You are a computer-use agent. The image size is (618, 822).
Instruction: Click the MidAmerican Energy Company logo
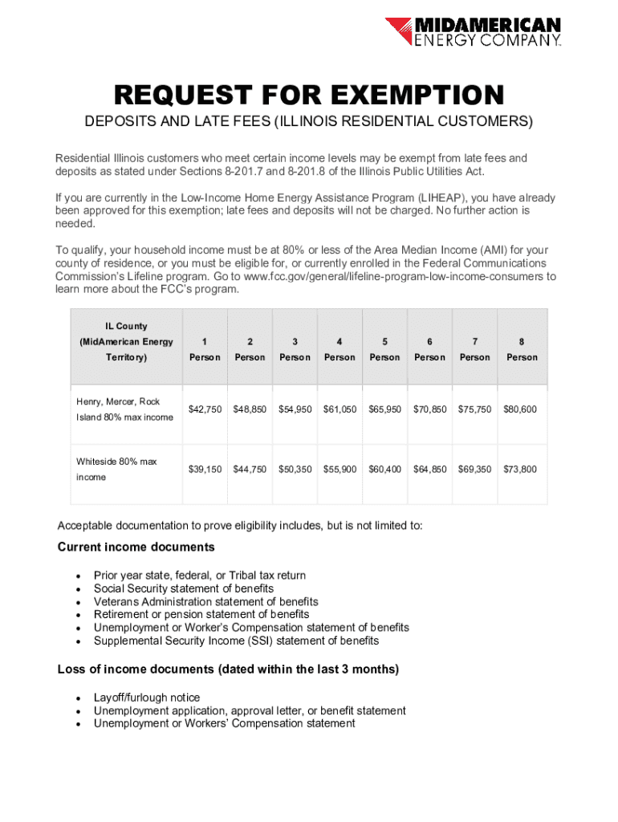coord(473,33)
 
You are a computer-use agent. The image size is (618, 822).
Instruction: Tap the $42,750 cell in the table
coord(205,409)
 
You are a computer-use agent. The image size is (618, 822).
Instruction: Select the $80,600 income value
coord(520,409)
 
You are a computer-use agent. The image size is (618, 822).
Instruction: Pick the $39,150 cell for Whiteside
coord(205,469)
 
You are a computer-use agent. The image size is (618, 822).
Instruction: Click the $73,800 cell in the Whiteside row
coord(520,469)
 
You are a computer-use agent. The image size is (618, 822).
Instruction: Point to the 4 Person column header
coord(339,349)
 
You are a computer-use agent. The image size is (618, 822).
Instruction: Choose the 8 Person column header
coord(521,349)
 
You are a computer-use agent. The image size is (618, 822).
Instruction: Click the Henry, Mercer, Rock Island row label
coord(124,409)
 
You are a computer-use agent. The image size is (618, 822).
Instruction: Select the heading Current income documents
coord(136,547)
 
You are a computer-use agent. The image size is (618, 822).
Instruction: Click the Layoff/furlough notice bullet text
coord(147,698)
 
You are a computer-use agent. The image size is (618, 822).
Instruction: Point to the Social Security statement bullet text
coord(183,588)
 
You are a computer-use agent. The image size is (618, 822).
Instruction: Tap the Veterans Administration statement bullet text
coord(205,601)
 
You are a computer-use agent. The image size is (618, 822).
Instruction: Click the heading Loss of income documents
coord(228,669)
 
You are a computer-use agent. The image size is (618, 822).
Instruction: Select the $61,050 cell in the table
coord(339,409)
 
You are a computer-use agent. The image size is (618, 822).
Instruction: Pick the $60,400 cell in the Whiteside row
coord(385,469)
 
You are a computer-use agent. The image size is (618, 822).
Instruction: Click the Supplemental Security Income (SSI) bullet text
coord(236,641)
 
